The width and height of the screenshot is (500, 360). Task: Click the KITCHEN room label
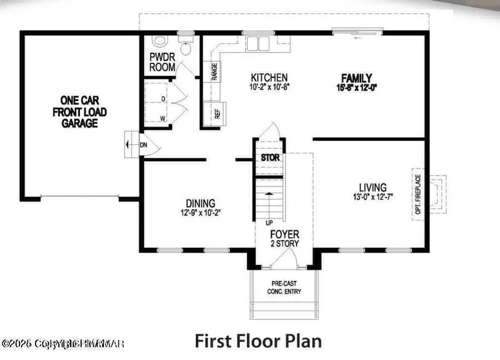[269, 78]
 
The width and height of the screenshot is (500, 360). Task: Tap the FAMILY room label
[356, 78]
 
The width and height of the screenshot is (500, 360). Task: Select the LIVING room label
[372, 188]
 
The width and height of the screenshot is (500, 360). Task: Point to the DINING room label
[201, 203]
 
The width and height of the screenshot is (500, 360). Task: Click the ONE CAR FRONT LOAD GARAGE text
[79, 111]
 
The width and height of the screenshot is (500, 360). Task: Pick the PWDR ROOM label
[162, 62]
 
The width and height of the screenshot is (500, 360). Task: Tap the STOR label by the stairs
[270, 158]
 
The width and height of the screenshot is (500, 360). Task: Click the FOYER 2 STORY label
[284, 238]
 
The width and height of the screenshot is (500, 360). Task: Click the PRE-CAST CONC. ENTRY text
[284, 286]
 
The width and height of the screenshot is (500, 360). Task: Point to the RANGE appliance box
[214, 72]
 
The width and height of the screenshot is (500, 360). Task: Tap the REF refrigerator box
[217, 114]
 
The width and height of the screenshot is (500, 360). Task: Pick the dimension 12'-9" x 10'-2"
[201, 212]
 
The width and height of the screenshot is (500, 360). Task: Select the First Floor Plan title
[258, 340]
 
